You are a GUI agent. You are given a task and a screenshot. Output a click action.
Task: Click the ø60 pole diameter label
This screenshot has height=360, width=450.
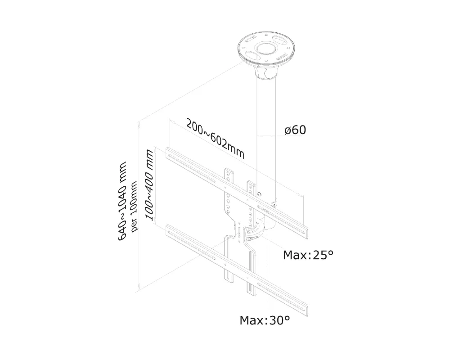(295, 130)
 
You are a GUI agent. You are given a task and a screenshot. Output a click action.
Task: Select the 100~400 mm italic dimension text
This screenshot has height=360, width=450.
(150, 185)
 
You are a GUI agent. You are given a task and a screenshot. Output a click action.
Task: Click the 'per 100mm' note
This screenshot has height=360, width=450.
(134, 203)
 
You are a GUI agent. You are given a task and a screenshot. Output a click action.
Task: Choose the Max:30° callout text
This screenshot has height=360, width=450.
(264, 320)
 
